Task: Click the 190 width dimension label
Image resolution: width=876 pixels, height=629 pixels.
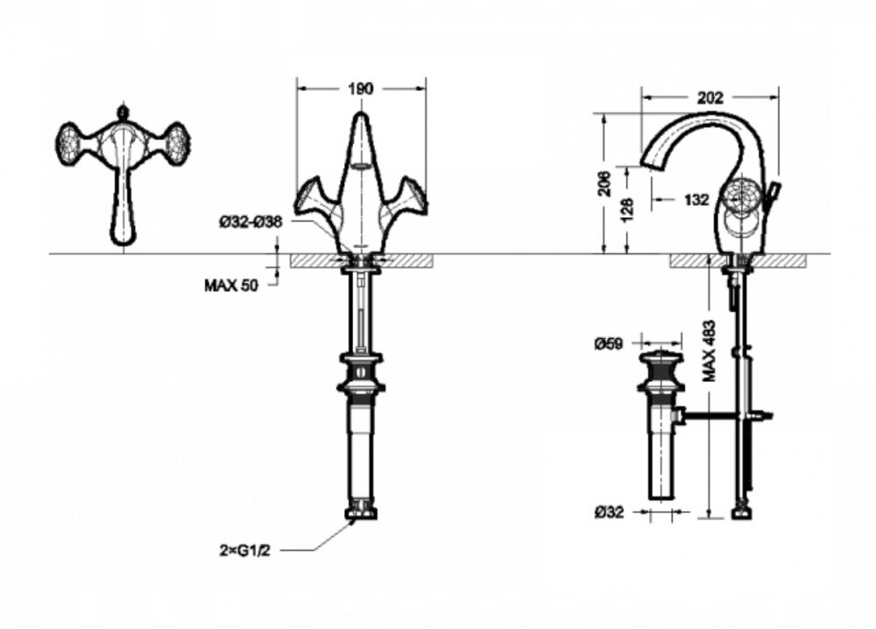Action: (360, 88)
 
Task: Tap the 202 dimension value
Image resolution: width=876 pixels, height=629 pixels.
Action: (710, 98)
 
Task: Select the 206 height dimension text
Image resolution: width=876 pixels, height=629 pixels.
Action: (605, 183)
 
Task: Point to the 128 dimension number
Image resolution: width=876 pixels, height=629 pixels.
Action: (627, 210)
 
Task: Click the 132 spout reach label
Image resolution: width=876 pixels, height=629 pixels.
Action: (696, 200)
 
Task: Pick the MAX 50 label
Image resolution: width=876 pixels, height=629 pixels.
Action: (231, 286)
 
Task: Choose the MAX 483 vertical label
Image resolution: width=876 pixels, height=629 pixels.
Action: (710, 350)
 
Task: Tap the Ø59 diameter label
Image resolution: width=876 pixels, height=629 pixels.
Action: (609, 343)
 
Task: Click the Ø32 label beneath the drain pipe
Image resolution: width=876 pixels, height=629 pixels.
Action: (609, 512)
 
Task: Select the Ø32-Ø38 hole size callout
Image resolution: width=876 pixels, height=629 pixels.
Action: (251, 223)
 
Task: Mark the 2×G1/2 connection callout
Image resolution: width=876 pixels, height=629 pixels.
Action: (244, 551)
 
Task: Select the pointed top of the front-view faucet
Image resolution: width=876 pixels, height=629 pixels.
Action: (361, 117)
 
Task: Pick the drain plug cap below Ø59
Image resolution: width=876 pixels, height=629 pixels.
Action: (661, 357)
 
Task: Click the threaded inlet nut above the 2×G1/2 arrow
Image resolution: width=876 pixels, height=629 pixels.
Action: (361, 510)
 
